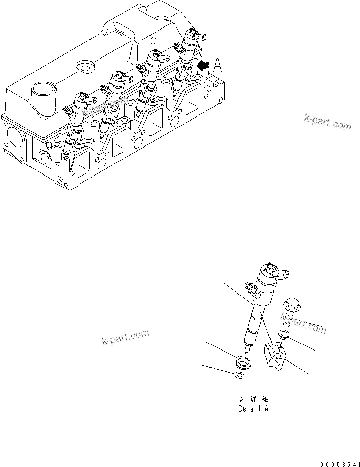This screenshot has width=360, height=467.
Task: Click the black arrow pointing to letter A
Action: point(204,65)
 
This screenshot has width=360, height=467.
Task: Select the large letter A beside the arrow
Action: point(218,65)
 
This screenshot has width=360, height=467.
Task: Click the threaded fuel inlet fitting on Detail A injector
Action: point(249,287)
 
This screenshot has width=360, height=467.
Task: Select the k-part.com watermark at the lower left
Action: point(125,337)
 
